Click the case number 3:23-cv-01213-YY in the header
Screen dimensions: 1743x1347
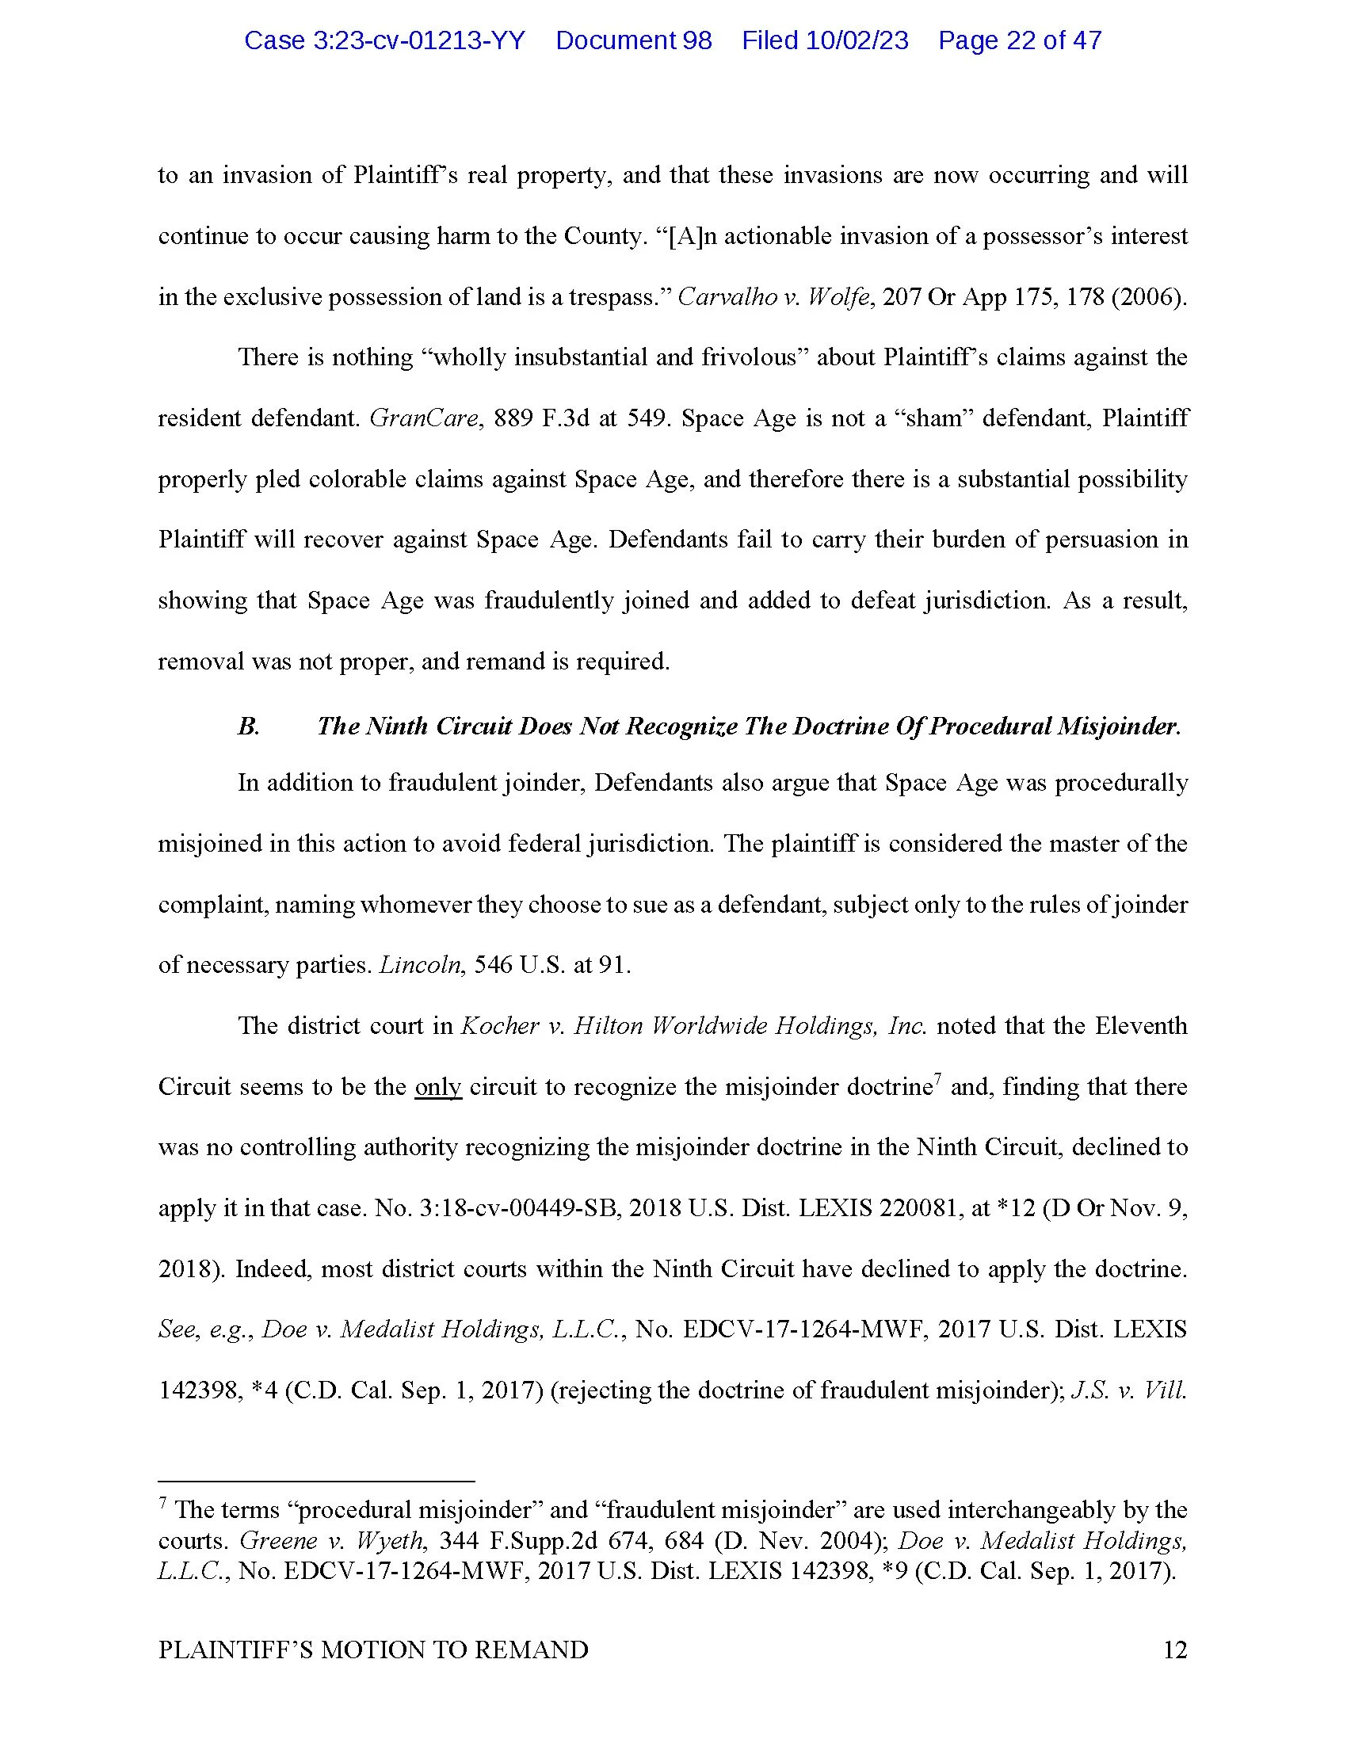point(383,40)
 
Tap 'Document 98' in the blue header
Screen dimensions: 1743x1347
point(633,40)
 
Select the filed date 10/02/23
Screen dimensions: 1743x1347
point(825,40)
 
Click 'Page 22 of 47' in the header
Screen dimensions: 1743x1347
point(1019,40)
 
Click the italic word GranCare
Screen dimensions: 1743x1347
point(423,418)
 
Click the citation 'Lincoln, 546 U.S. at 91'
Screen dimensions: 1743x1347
point(504,966)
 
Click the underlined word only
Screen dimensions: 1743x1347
point(437,1087)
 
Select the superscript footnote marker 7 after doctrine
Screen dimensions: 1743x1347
point(937,1081)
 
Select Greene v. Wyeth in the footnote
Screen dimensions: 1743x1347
point(332,1540)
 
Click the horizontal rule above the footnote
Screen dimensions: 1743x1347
point(316,1481)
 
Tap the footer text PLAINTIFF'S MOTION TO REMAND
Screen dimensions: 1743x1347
point(372,1650)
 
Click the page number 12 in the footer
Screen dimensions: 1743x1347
point(1174,1650)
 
